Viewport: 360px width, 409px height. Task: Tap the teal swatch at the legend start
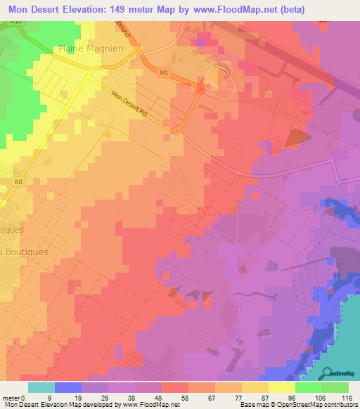click(41, 387)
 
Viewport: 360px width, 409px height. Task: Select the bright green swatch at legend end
click(335, 387)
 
